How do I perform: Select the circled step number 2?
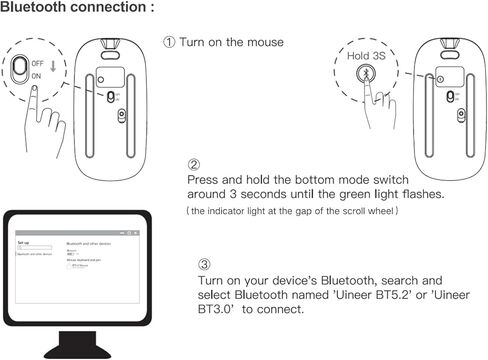pos(193,163)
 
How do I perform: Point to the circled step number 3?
pos(203,265)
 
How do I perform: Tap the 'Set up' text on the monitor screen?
pos(24,243)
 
